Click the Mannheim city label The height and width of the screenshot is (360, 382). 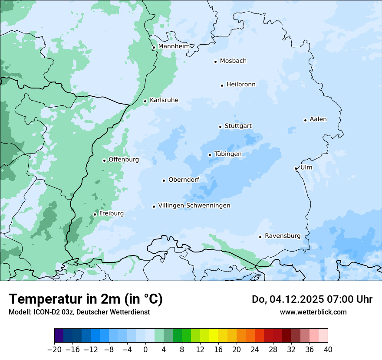(174, 46)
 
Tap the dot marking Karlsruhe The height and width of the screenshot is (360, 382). (145, 101)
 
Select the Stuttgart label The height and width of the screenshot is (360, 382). (238, 126)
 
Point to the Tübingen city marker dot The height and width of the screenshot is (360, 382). (210, 155)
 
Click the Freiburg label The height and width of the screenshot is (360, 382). (111, 213)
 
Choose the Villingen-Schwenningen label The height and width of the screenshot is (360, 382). (194, 206)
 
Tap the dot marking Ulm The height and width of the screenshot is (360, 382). (296, 168)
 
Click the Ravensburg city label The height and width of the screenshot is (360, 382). (283, 236)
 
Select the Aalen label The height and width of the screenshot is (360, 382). (318, 119)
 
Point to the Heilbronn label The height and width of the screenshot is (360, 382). (241, 85)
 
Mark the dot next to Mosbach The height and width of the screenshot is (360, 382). (215, 62)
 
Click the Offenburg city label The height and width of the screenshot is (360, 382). (124, 160)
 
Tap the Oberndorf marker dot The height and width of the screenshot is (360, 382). (164, 180)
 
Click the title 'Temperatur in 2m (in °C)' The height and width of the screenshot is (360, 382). (86, 299)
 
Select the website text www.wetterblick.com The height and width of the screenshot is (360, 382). (313, 312)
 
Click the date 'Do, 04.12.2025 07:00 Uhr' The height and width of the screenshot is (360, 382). (312, 299)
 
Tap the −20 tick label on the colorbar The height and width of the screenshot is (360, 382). (55, 350)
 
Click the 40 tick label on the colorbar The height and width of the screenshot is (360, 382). (328, 350)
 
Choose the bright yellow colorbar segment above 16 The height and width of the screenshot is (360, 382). (214, 336)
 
